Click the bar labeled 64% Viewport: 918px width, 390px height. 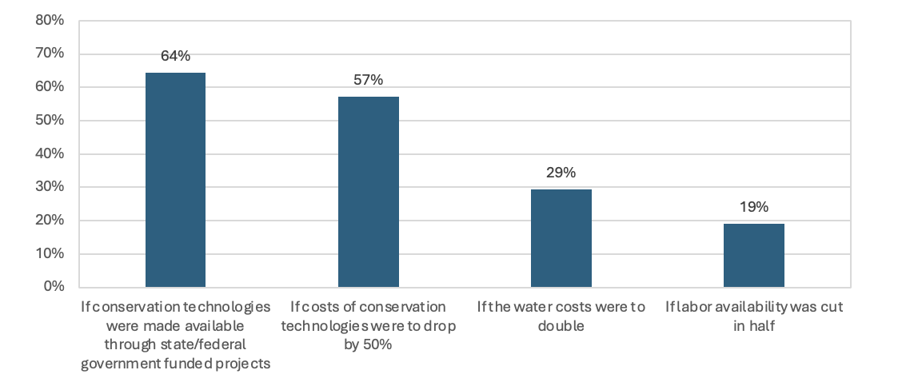coord(175,180)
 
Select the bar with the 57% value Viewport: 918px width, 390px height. coord(368,191)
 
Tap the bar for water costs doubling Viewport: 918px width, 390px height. coord(561,238)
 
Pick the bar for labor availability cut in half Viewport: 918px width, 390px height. coord(753,255)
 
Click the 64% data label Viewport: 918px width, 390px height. coord(175,56)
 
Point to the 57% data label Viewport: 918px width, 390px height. coord(368,80)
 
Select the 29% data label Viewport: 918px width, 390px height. coord(561,173)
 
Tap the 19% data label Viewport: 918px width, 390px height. coord(753,207)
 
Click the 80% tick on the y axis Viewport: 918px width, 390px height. coord(50,20)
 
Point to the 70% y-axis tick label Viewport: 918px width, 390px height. coord(50,54)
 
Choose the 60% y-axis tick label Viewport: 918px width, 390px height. coord(50,87)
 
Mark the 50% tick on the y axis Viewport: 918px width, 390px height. coord(50,121)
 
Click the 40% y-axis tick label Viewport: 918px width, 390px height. coord(50,153)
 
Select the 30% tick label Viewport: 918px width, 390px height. coord(50,187)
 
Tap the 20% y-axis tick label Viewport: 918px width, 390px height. coord(50,221)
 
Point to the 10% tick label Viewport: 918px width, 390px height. coord(50,254)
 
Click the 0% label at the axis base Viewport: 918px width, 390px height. coord(53,286)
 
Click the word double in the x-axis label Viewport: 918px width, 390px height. coord(561,326)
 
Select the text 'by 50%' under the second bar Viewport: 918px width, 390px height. coord(368,345)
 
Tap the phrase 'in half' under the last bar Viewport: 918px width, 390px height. coord(753,326)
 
